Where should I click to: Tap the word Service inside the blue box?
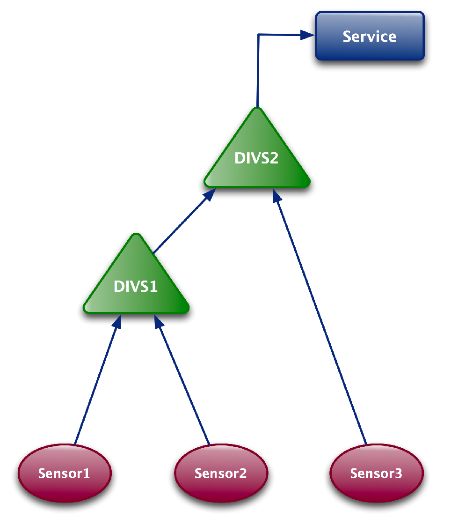tap(370, 37)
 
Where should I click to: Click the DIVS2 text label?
tap(256, 158)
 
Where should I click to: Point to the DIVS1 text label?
tap(136, 286)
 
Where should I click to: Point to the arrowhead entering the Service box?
tap(308, 34)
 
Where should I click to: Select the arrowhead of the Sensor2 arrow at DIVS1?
tap(159, 322)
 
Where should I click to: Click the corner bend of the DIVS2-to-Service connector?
tap(259, 34)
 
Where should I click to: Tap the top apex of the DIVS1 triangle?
tap(136, 236)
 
